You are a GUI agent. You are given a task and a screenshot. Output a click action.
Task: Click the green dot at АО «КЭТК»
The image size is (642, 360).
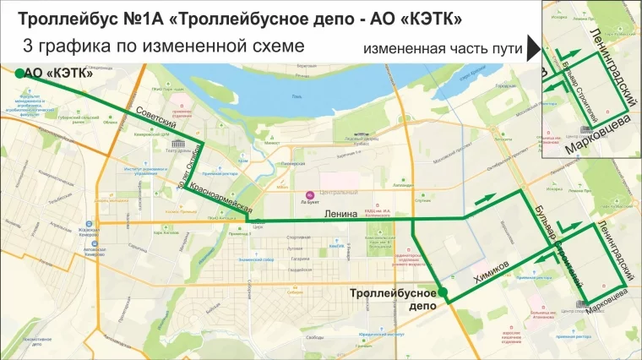click(x=19, y=74)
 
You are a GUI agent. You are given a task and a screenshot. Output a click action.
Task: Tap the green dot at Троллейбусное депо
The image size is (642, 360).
click(x=443, y=293)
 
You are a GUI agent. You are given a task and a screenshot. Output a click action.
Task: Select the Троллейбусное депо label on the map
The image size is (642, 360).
click(x=394, y=300)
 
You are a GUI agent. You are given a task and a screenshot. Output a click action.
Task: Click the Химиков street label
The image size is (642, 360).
click(x=492, y=276)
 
